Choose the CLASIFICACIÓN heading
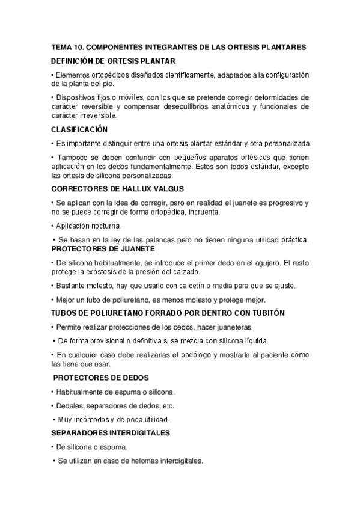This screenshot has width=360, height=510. tap(79, 129)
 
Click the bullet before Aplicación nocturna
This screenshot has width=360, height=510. tap(53, 226)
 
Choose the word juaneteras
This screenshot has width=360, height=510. tap(233, 327)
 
